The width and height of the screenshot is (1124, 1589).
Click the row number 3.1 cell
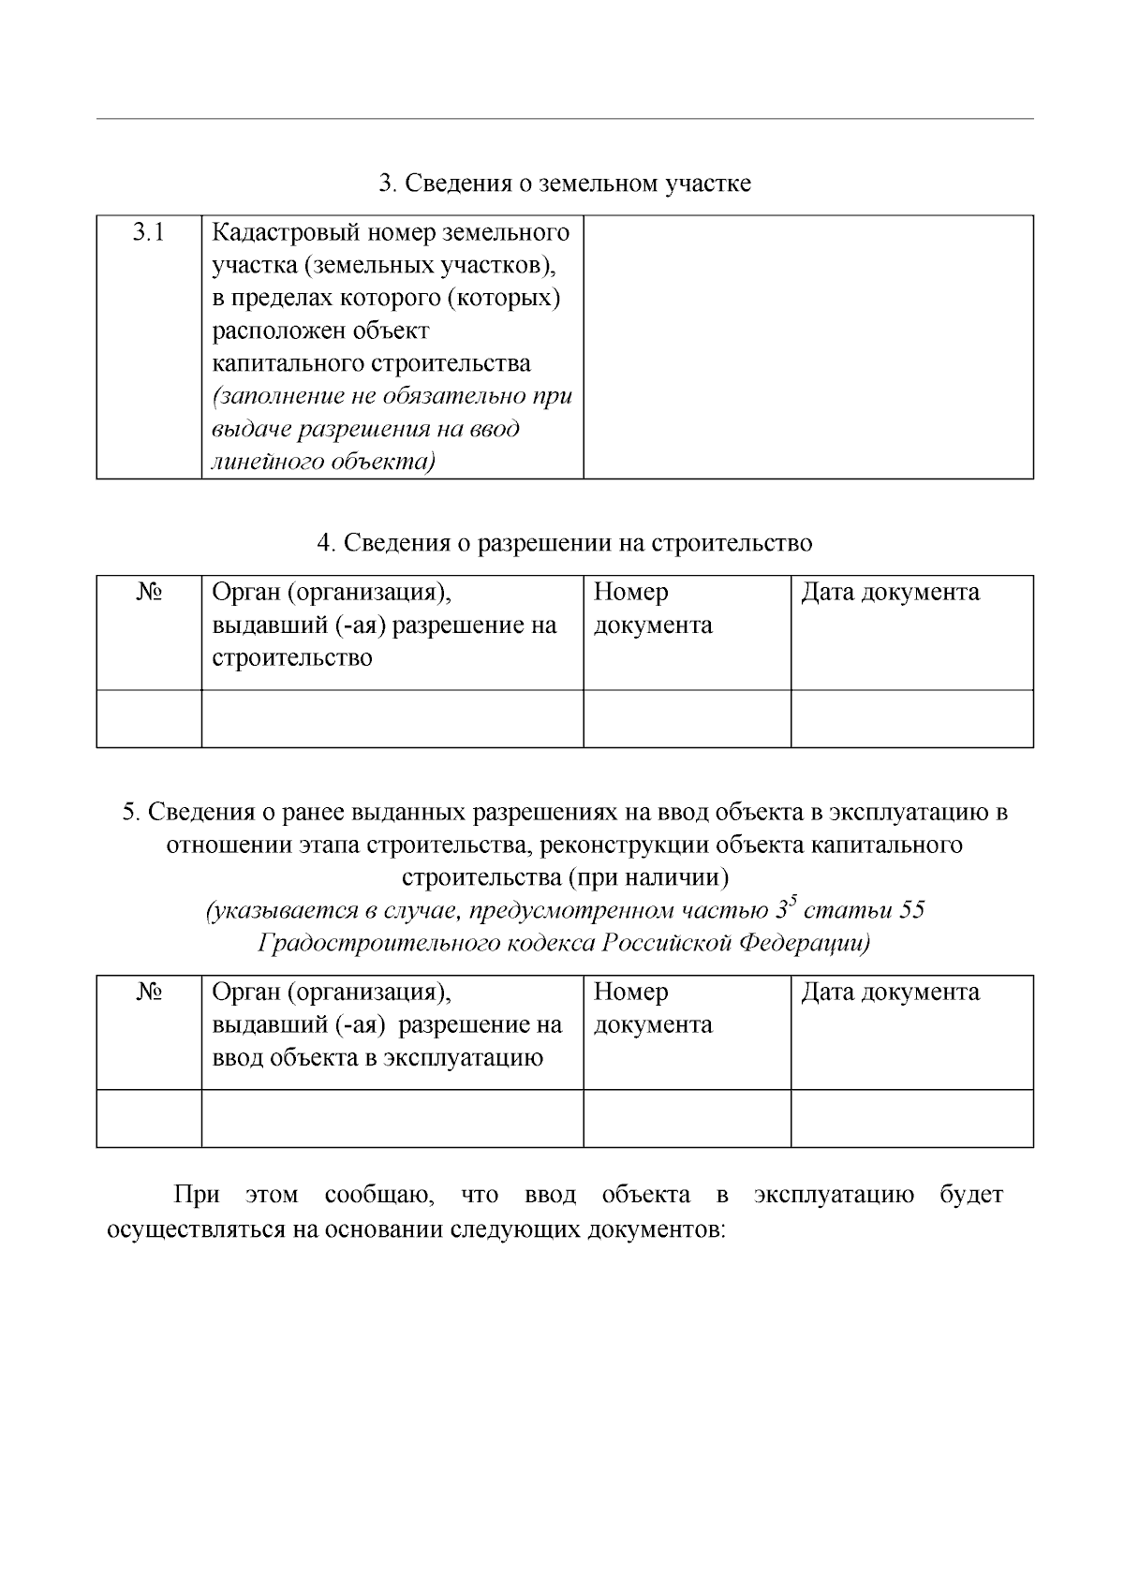pyautogui.click(x=148, y=232)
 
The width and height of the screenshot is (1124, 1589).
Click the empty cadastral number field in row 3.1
pyautogui.click(x=807, y=346)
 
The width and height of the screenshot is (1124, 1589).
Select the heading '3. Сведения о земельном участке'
pyautogui.click(x=564, y=184)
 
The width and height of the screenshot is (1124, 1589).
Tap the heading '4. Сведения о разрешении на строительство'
pyautogui.click(x=564, y=543)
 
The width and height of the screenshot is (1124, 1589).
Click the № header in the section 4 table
pyautogui.click(x=148, y=593)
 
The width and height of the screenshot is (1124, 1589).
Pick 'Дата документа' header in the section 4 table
pyautogui.click(x=890, y=593)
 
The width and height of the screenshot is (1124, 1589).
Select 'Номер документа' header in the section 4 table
pyautogui.click(x=652, y=609)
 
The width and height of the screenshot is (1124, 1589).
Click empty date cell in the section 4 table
pyautogui.click(x=911, y=719)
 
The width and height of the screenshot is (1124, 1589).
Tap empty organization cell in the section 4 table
pyautogui.click(x=392, y=719)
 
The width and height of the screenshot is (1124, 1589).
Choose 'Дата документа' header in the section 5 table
pyautogui.click(x=890, y=993)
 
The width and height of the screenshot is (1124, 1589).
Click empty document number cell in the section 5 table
pyautogui.click(x=687, y=1118)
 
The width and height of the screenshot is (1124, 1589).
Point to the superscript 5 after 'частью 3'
pyautogui.click(x=792, y=902)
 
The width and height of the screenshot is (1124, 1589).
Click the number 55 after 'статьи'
pyautogui.click(x=911, y=911)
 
